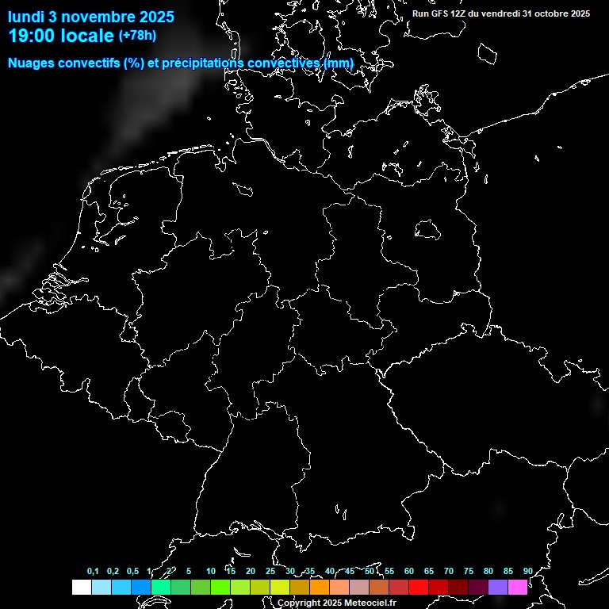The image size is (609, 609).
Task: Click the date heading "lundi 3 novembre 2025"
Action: click(x=91, y=17)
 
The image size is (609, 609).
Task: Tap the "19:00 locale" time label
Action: click(x=62, y=36)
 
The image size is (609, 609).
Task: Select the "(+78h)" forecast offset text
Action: click(x=137, y=35)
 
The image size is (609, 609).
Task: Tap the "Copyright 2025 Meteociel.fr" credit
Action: click(x=336, y=603)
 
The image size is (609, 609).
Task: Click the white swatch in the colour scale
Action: click(x=81, y=587)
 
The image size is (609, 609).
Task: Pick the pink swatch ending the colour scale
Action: click(x=518, y=587)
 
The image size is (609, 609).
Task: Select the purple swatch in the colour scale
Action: click(x=498, y=587)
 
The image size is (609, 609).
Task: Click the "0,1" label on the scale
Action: click(x=93, y=571)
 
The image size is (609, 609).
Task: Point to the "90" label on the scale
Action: click(x=528, y=571)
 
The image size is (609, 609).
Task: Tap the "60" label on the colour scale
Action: click(x=409, y=571)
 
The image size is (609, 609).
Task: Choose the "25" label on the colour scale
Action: click(x=270, y=571)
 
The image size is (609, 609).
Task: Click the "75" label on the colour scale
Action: click(x=469, y=571)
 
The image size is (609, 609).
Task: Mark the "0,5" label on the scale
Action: click(x=132, y=571)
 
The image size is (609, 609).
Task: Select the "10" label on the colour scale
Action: click(x=211, y=571)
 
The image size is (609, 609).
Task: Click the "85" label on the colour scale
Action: click(x=508, y=571)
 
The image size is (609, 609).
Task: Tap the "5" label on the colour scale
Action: click(x=189, y=571)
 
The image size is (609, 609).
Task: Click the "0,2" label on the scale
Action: click(x=113, y=571)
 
